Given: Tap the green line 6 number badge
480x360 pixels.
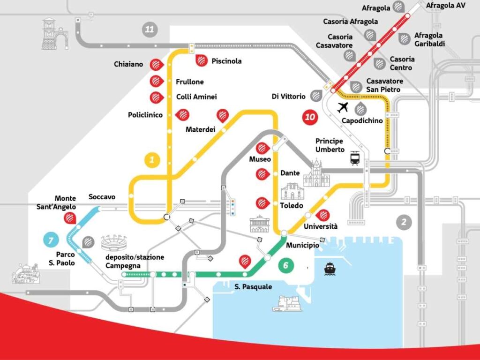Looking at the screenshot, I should pyautogui.click(x=285, y=265).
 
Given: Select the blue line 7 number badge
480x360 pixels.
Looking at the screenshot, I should pyautogui.click(x=50, y=240).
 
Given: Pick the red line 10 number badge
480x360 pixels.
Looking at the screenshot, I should pyautogui.click(x=310, y=117).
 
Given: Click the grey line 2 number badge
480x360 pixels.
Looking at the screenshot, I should pyautogui.click(x=404, y=222).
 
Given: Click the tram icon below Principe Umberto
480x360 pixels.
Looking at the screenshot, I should pyautogui.click(x=355, y=159).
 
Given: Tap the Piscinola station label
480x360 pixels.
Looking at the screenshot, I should pyautogui.click(x=226, y=61).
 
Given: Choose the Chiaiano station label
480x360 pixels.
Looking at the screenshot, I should pyautogui.click(x=128, y=64).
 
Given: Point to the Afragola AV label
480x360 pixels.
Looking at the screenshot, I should pyautogui.click(x=445, y=6).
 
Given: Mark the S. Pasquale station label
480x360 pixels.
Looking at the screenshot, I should pyautogui.click(x=253, y=286).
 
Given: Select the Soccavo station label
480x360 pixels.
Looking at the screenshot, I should pyautogui.click(x=102, y=197).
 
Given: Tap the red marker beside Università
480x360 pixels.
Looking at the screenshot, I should pyautogui.click(x=322, y=215).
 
